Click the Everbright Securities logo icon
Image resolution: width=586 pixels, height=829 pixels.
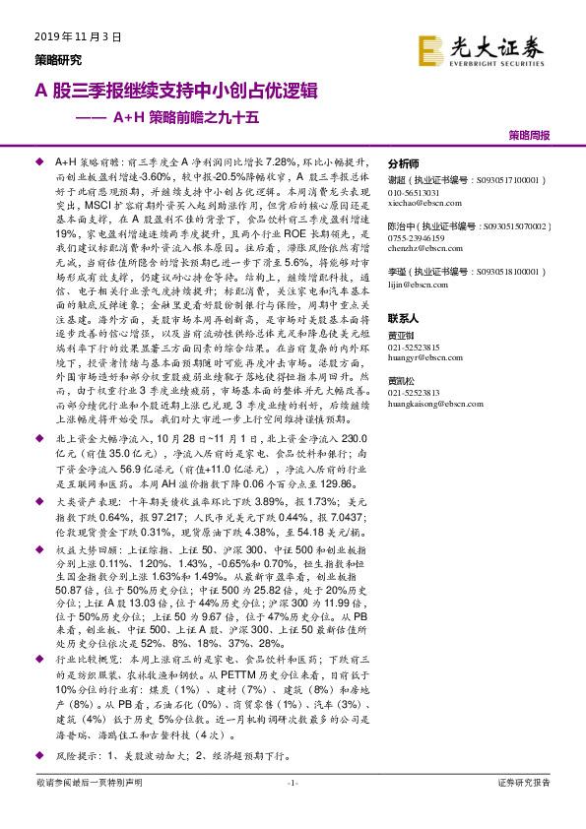pyautogui.click(x=430, y=49)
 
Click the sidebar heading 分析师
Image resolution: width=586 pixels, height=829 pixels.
pyautogui.click(x=404, y=164)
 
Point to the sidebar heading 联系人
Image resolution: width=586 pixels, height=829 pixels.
pyautogui.click(x=404, y=319)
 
